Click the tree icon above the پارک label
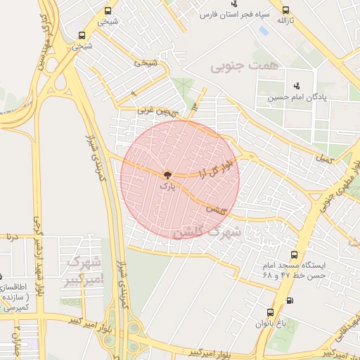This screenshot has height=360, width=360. pyautogui.click(x=167, y=175)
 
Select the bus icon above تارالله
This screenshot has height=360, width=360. pyautogui.click(x=285, y=10)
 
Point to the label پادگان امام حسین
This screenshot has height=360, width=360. pyautogui.click(x=296, y=98)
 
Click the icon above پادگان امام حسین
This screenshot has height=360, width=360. pyautogui.click(x=296, y=86)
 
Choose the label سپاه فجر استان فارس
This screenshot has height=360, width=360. pyautogui.click(x=232, y=15)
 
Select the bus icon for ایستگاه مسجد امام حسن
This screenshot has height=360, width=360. pyautogui.click(x=293, y=255)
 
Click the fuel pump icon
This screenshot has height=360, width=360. pyautogui.click(x=290, y=300)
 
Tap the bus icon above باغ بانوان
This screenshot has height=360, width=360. pyautogui.click(x=270, y=312)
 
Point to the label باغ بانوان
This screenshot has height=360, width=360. pyautogui.click(x=271, y=324)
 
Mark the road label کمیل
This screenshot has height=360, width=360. pyautogui.click(x=323, y=161)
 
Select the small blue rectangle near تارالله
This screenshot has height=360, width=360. pyautogui.click(x=263, y=31)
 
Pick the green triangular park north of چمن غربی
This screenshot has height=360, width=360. pyautogui.click(x=186, y=91)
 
